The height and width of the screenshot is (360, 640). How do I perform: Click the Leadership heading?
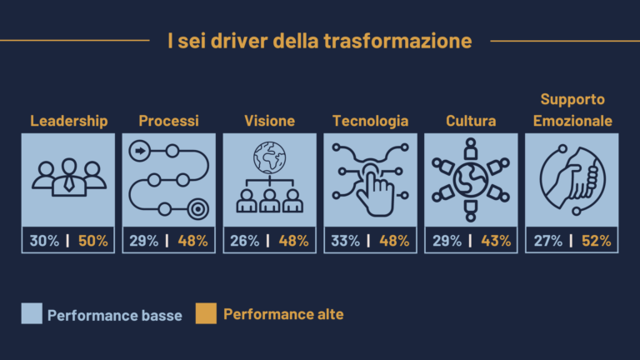click(69, 121)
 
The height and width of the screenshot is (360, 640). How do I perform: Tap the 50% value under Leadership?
click(93, 240)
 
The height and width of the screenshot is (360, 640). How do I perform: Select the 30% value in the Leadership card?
click(44, 240)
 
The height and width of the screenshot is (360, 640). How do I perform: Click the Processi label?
click(168, 121)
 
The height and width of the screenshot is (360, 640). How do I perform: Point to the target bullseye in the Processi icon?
click(198, 209)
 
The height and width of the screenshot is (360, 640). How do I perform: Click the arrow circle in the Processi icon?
click(140, 151)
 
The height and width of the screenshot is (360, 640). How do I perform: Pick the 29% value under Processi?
click(143, 240)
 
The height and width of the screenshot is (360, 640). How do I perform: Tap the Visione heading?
click(269, 121)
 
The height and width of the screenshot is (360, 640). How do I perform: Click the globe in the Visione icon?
click(269, 157)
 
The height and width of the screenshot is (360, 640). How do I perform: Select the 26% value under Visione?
click(244, 240)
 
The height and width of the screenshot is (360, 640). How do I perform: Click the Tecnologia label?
click(370, 121)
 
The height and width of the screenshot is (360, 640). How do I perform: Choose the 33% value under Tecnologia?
click(345, 240)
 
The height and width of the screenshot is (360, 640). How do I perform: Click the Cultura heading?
click(471, 121)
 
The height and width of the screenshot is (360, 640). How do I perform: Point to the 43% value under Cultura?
click(496, 240)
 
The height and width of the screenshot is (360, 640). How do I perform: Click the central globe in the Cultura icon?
click(471, 180)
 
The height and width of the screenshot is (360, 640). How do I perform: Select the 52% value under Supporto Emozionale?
click(597, 240)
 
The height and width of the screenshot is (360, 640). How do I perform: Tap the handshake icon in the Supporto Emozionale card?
click(572, 180)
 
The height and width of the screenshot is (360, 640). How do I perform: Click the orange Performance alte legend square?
click(206, 313)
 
